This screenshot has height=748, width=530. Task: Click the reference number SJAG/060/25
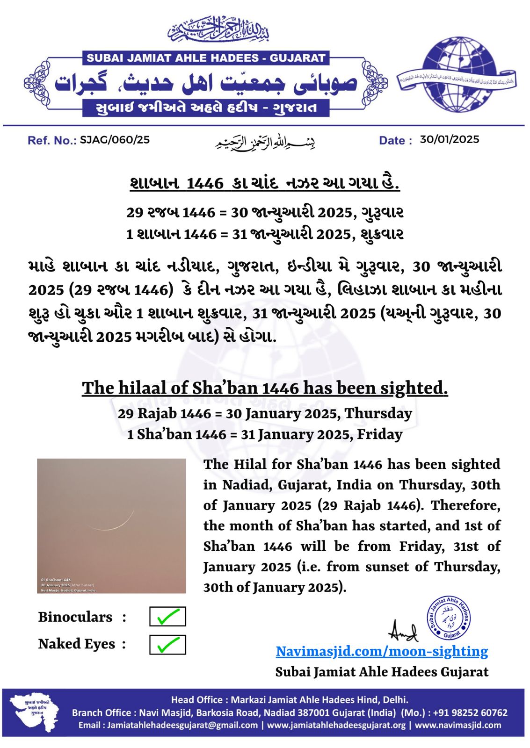(x=115, y=140)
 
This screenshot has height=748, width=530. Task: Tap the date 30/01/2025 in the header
(x=449, y=139)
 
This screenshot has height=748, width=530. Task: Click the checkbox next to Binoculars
(x=167, y=617)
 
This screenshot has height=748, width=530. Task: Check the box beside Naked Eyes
(x=167, y=645)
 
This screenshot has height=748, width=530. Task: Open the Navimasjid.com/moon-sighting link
(x=382, y=651)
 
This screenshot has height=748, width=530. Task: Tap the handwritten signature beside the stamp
(x=403, y=631)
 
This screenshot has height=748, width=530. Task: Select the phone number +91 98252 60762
(x=470, y=713)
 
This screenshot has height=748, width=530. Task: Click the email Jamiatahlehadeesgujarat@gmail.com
(x=182, y=725)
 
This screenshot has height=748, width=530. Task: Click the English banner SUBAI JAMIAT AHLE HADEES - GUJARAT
(x=206, y=58)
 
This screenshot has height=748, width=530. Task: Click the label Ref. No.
(x=52, y=140)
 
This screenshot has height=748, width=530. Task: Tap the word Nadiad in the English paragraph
(x=246, y=485)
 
